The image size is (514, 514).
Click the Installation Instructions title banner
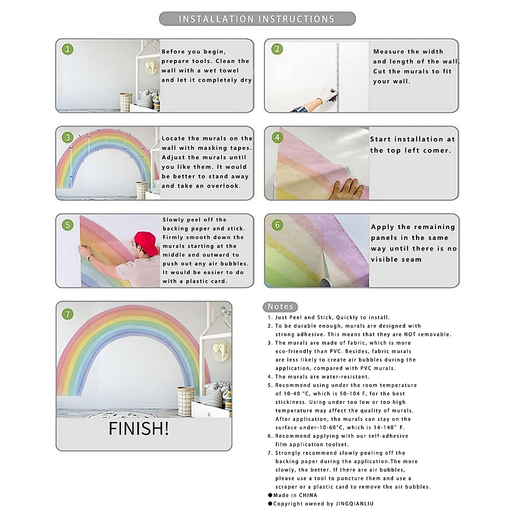pos(257,19)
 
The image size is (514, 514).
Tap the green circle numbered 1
pos(68,49)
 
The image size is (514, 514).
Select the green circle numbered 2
pos(277,49)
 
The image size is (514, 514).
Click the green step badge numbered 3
pos(68,137)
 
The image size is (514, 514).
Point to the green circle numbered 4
pos(277,137)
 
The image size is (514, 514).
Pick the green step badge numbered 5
pos(68,225)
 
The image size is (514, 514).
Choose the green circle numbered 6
pos(277,225)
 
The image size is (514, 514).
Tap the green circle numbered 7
pos(68,314)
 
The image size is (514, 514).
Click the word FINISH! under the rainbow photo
pos(139,429)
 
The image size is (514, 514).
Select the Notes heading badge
pos(280,307)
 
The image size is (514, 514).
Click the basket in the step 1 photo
pos(126,102)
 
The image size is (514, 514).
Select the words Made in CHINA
pos(295,495)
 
